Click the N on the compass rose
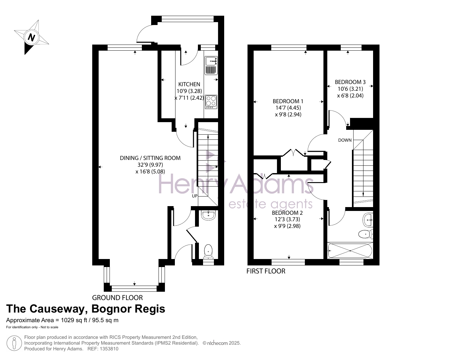tap(31, 38)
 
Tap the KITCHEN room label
tap(189, 84)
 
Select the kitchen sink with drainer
tap(211, 66)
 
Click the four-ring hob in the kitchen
tap(211, 102)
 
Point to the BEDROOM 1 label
tap(288, 101)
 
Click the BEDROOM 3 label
tap(350, 82)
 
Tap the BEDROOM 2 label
tap(287, 213)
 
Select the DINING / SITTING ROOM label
tap(150, 158)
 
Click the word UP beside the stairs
tap(195, 196)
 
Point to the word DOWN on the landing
tap(345, 140)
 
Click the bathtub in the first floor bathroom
tap(350, 251)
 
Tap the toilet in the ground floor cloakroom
tap(208, 252)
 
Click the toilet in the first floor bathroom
tap(366, 234)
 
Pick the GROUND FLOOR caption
tap(118, 298)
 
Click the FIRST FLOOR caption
tap(266, 271)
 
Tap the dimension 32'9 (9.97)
tap(150, 165)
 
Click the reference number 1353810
tap(109, 349)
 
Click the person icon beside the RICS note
tap(14, 343)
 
